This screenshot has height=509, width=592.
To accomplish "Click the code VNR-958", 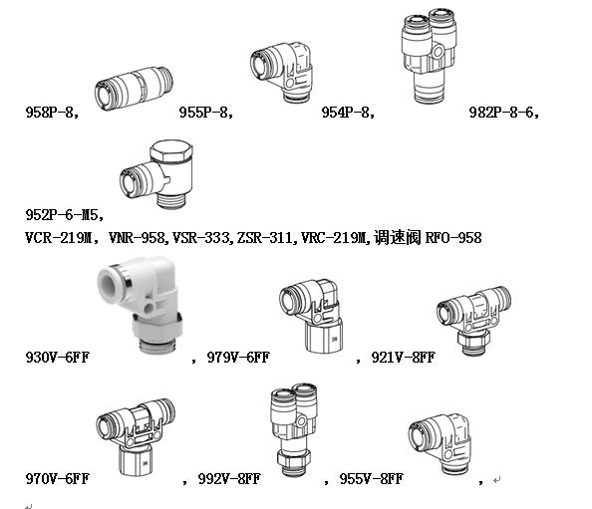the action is tap(137, 238).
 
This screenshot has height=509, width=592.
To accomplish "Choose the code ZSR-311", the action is tap(264, 238).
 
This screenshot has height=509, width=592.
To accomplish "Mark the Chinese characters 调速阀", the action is tap(398, 238).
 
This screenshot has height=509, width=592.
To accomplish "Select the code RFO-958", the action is tap(453, 238).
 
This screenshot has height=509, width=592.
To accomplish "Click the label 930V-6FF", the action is tap(57, 357).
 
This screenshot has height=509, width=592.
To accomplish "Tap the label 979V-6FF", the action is tap(238, 357).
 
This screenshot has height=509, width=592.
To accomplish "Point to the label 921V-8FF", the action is tap(404, 357).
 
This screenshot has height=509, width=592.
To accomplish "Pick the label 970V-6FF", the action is tap(57, 479).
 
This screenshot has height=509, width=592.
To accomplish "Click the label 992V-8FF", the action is tap(229, 479).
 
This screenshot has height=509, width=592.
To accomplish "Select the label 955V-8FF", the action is tap(371, 479).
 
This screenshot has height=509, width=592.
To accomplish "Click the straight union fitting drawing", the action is tap(134, 89).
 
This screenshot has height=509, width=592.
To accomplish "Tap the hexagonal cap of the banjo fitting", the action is tap(171, 150).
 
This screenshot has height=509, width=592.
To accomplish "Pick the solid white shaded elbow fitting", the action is tap(141, 305).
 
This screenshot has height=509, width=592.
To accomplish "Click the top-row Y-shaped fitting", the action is tap(430, 56).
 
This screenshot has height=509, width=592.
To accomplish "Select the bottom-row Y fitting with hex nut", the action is tap(294, 429).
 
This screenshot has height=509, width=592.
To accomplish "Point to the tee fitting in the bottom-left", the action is tap(136, 437).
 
